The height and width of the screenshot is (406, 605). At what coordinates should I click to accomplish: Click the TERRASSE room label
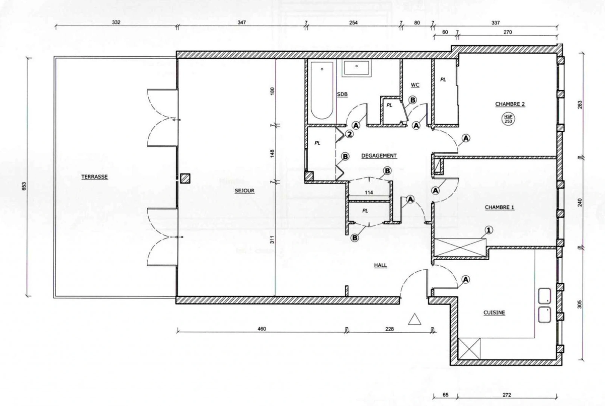point(94,177)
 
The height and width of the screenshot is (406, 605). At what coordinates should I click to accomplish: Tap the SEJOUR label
point(245,191)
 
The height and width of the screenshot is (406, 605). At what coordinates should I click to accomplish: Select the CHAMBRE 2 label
point(510,104)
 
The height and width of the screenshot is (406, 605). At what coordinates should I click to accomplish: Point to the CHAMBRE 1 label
point(499,207)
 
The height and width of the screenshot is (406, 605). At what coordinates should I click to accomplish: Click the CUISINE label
point(494,312)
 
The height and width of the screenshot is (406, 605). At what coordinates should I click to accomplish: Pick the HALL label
point(380,265)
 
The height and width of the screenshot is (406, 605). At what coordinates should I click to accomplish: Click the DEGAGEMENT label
point(379,156)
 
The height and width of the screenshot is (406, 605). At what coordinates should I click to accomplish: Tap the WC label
point(415,85)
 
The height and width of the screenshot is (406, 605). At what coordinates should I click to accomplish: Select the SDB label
point(342,94)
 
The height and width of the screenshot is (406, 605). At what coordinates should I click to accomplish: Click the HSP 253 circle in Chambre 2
point(508,119)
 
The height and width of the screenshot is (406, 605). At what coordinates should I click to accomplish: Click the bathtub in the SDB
point(322,91)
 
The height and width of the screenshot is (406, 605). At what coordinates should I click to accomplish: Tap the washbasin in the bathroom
point(356,68)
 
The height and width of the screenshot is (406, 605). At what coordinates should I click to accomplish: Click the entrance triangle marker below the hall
point(415,319)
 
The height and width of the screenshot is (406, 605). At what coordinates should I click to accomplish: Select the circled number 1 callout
point(488,230)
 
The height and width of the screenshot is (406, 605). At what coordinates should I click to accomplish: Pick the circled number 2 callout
point(350,134)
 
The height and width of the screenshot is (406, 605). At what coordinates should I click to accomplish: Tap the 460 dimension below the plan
point(261,329)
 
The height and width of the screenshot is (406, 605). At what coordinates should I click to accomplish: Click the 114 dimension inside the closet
point(369,192)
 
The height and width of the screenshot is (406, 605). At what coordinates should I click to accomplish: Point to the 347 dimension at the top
point(242,23)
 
